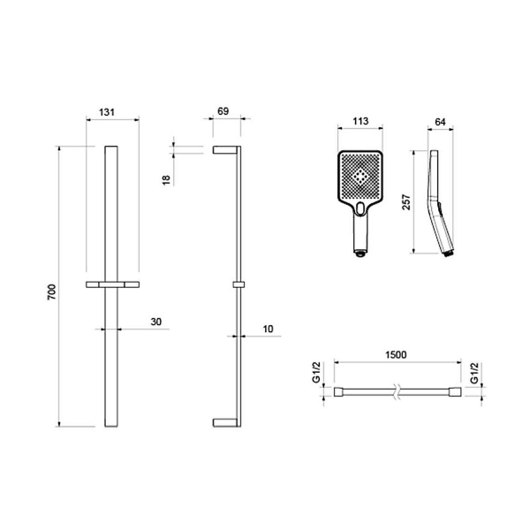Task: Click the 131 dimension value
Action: click(107, 112)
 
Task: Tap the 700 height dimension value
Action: click(52, 292)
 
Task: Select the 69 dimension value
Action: click(223, 111)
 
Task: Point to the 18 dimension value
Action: click(166, 180)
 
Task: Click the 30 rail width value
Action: click(156, 322)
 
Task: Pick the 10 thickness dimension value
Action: click(268, 329)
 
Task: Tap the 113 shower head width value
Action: click(360, 121)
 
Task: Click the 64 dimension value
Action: click(440, 122)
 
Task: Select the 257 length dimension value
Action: click(406, 201)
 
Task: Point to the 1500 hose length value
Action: click(396, 354)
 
